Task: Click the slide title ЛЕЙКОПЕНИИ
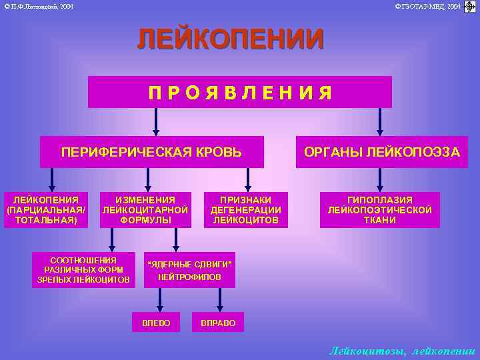(231, 39)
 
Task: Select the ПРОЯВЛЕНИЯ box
(240, 92)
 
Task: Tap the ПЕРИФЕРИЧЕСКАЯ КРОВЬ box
(151, 152)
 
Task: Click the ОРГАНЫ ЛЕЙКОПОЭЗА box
(381, 152)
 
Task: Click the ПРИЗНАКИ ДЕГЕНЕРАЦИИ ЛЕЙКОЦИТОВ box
(245, 209)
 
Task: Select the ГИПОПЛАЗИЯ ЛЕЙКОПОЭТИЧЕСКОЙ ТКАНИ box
(379, 209)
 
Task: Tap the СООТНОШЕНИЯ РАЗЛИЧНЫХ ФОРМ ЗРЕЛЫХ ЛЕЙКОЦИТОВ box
(83, 270)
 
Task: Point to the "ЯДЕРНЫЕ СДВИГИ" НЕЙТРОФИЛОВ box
(189, 270)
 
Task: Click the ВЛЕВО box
(156, 323)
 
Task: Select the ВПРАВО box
(218, 323)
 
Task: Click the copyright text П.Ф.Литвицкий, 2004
(39, 6)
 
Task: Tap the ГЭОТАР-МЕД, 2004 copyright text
(427, 6)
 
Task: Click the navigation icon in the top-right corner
(470, 7)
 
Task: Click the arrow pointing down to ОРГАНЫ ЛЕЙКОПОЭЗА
(380, 122)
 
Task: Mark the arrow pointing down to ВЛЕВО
(156, 300)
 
